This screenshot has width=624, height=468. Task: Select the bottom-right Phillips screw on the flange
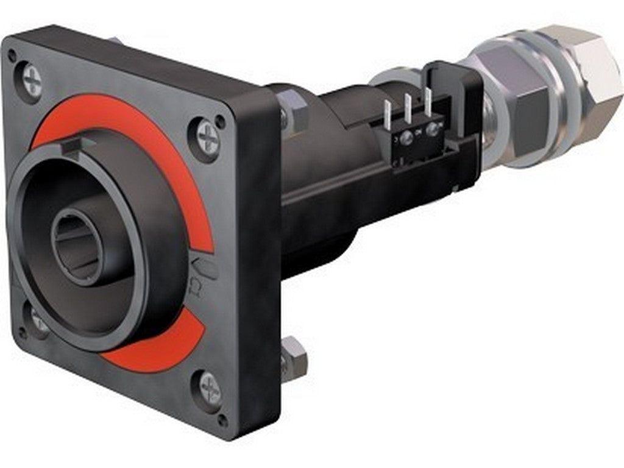(209, 388)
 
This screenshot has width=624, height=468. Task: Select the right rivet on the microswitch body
(434, 129)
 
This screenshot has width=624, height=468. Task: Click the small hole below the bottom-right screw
(224, 420)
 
